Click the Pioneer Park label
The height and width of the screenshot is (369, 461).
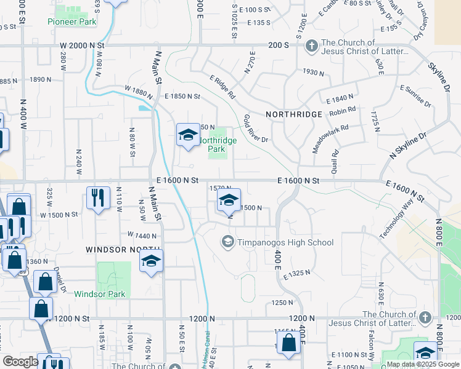(72, 22)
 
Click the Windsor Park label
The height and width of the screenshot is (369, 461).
(100, 294)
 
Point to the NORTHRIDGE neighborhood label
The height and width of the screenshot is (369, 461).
(294, 114)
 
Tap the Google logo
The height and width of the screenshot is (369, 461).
(20, 362)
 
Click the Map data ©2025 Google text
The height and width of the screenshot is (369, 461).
(422, 364)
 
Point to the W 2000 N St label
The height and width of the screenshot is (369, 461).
(83, 46)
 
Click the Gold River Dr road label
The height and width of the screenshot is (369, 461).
(256, 128)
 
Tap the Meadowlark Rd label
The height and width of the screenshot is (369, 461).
(330, 136)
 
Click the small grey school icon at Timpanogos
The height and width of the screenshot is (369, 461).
(228, 242)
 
